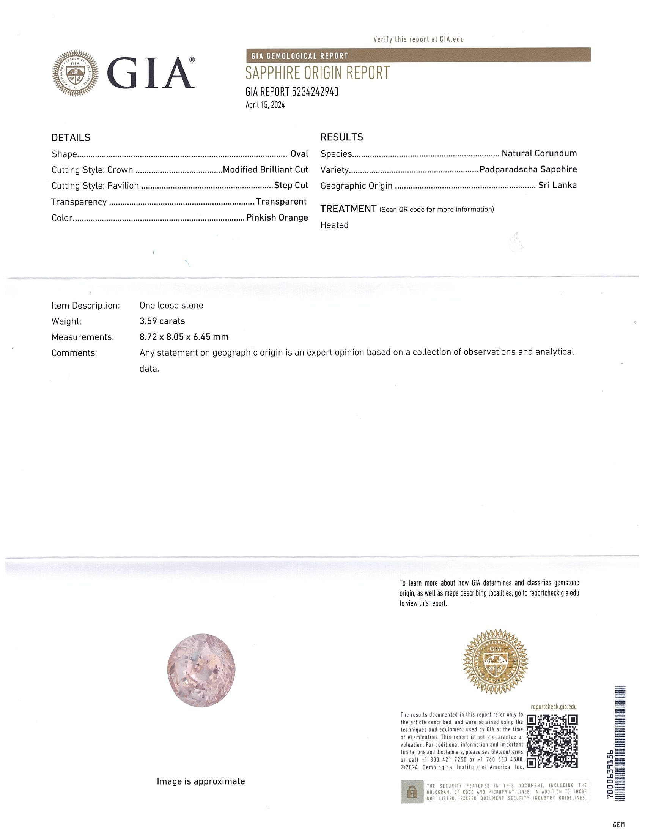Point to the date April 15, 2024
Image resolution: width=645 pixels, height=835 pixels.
(265, 105)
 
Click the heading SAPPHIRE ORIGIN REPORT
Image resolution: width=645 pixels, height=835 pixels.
(317, 73)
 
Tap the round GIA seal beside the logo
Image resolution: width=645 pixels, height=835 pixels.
(75, 73)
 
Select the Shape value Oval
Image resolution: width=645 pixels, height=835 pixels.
(299, 154)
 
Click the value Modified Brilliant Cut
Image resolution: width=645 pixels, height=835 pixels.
(265, 170)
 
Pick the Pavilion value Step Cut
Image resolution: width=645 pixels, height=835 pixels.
(291, 186)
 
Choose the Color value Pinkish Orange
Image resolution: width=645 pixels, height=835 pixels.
(277, 217)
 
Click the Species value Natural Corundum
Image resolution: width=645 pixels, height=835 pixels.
(539, 154)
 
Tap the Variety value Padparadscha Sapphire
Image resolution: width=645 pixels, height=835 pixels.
(528, 169)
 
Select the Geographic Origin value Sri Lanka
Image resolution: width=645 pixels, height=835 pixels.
(557, 186)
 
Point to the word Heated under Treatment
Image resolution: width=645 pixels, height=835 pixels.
(334, 225)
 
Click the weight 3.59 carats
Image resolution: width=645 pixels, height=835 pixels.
(162, 321)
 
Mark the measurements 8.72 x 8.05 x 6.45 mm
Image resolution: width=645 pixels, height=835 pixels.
(184, 337)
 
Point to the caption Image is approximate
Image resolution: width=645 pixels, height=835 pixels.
(201, 781)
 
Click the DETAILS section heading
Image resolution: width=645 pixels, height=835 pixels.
(71, 138)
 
